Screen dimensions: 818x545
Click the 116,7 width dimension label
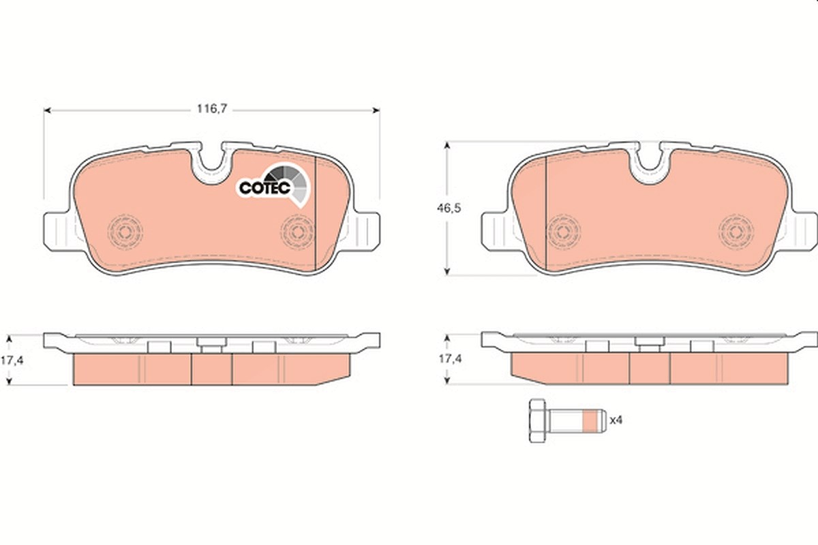click(212, 108)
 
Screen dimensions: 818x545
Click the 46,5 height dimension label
click(449, 208)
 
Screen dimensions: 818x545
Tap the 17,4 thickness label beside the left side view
click(12, 360)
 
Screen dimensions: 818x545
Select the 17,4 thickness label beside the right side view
click(450, 359)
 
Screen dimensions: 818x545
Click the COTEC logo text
click(264, 187)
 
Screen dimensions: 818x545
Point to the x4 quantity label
click(616, 420)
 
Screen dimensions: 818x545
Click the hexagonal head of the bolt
click(538, 421)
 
